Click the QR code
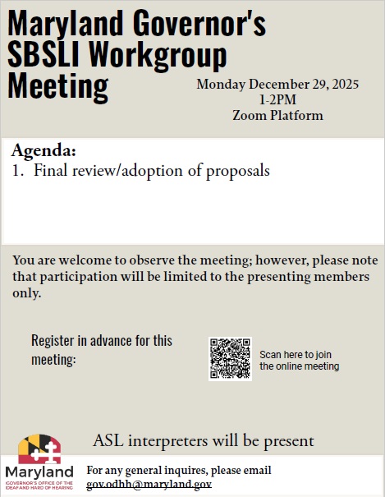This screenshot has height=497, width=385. pos(230,359)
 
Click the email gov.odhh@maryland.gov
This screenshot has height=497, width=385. pos(149,484)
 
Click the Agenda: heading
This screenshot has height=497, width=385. pos(44,152)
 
